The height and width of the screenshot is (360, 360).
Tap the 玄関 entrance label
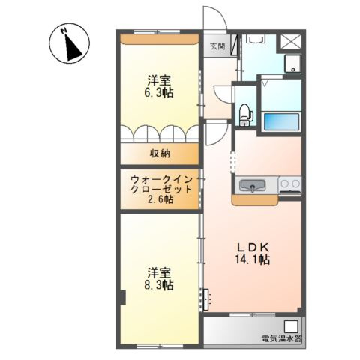pos(217,46)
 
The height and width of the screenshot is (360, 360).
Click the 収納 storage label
pos(159,154)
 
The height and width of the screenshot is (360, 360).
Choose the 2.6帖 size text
pos(160,200)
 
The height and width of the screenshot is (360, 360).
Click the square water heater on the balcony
pos(291,326)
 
